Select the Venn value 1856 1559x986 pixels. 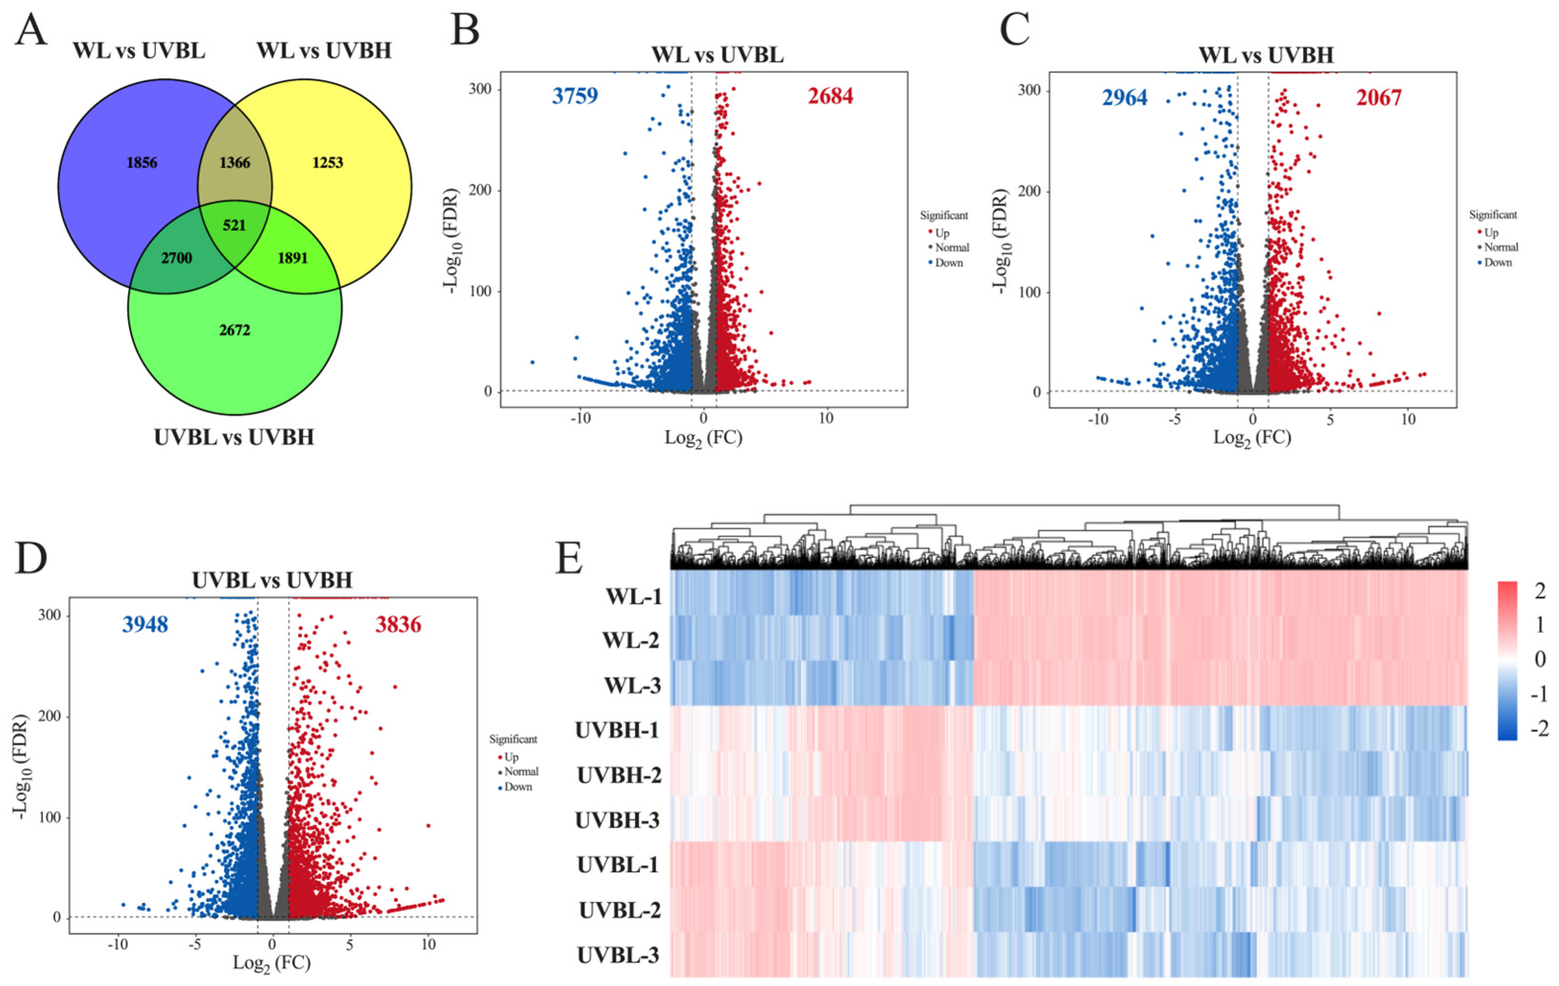point(142,163)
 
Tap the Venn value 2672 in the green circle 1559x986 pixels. point(234,330)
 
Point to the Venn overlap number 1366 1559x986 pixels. point(234,163)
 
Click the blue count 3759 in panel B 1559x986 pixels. point(575,96)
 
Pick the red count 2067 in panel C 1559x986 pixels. point(1379,98)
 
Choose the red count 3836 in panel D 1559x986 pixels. point(398,625)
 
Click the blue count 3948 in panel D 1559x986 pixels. point(145,625)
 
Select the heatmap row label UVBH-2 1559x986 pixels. point(619,775)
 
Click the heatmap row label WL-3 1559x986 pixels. point(632,685)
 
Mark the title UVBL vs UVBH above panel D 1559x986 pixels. point(272,579)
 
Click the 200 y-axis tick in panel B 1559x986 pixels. point(479,191)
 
